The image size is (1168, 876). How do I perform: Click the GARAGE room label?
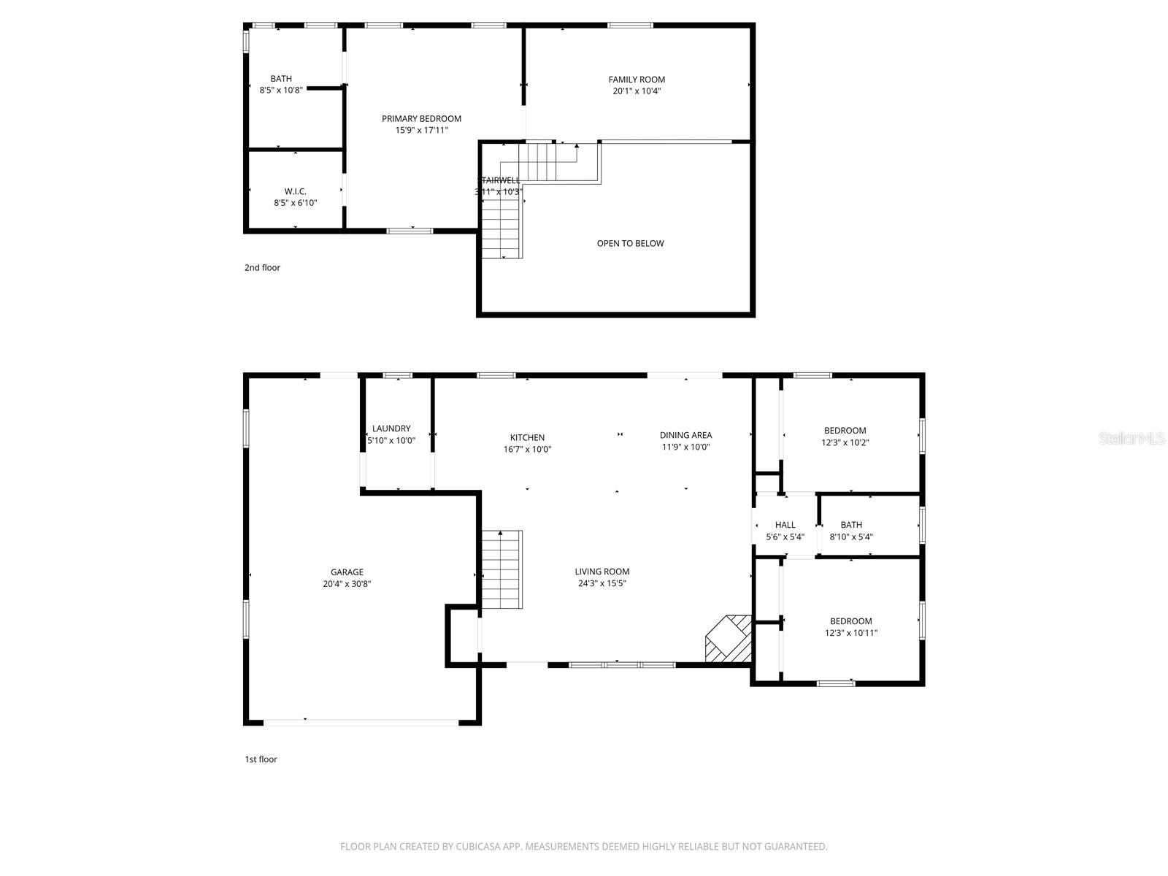[x=347, y=572]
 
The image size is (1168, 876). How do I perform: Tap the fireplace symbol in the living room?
[x=729, y=639]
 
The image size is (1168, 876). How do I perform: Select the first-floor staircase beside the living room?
[x=502, y=569]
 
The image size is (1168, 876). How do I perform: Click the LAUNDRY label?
[x=391, y=429]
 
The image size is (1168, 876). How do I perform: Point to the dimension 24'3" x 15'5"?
[x=602, y=583]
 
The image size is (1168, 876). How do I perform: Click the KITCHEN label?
[x=527, y=438]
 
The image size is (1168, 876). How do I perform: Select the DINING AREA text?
[x=685, y=435]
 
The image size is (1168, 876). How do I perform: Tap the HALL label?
[x=785, y=525]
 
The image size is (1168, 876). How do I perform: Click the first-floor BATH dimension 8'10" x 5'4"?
[x=851, y=537]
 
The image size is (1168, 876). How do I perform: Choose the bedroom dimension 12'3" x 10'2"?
[x=845, y=442]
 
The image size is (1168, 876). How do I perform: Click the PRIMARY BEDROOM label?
[x=422, y=118]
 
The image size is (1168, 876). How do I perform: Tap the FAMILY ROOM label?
[x=637, y=80]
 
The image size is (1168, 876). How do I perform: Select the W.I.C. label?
[x=296, y=191]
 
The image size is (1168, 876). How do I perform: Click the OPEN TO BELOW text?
[x=630, y=243]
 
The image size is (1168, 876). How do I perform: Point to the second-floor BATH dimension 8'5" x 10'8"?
[x=281, y=91]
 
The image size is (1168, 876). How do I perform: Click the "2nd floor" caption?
[x=262, y=268]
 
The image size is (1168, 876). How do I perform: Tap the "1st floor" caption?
[x=261, y=759]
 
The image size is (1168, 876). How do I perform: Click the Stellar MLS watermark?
[x=1132, y=439]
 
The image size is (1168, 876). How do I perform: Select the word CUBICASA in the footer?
[x=477, y=847]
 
